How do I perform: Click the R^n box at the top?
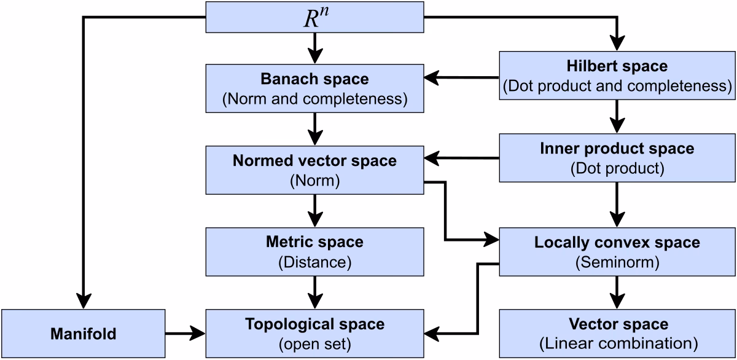pos(314,17)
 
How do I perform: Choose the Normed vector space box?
pos(314,170)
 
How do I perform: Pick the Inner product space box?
pos(617,158)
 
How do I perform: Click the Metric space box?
pos(314,252)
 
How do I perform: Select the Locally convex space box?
pos(617,252)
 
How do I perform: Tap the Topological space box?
pos(314,333)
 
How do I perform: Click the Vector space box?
pos(617,333)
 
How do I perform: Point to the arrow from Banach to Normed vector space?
pos(314,128)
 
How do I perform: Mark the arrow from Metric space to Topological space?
pos(314,292)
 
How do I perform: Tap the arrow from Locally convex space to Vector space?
pos(617,292)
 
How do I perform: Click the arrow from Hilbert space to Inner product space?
pos(617,116)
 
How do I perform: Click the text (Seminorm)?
pos(617,262)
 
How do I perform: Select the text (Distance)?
pos(314,262)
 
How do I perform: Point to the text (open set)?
pos(314,343)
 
